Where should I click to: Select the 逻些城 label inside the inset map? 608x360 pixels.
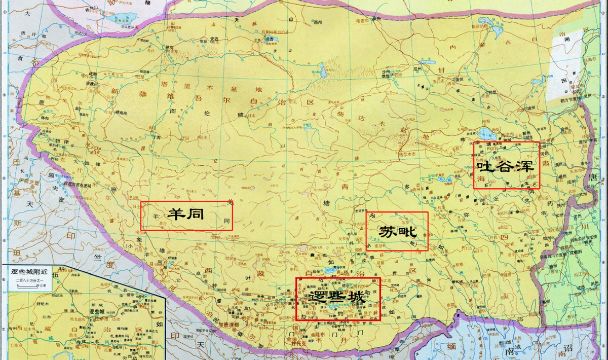click(x=96, y=311)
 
